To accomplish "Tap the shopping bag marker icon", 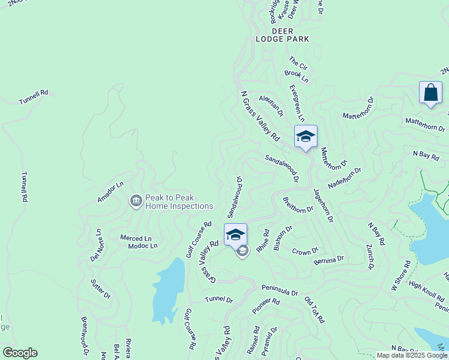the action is pos(430,93).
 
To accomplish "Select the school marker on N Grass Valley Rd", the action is pos(306,136).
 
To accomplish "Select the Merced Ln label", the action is pos(135,238).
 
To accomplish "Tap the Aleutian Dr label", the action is pos(271,104).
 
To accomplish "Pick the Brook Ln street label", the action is pos(297,76).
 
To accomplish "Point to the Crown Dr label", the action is pos(305,251).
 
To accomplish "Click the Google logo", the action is pos(20,353).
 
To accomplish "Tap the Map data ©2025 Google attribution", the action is pos(412,355).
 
